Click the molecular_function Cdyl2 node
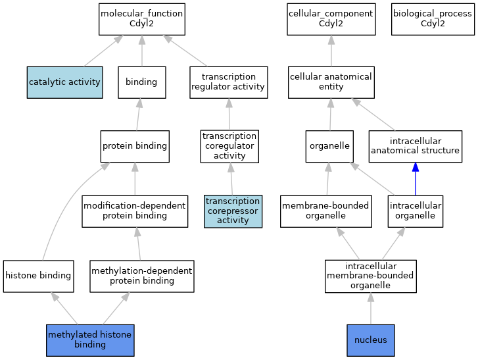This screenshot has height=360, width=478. (141, 19)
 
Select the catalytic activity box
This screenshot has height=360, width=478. (64, 82)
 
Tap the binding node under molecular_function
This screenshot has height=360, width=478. (141, 82)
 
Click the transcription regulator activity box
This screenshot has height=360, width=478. (228, 82)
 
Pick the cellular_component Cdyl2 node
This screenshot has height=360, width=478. (331, 19)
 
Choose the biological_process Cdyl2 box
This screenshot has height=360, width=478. (432, 19)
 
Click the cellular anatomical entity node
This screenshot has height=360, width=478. (331, 82)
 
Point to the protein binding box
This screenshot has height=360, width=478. (135, 146)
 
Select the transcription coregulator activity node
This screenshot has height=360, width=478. (229, 146)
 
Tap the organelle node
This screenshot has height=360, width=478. (329, 146)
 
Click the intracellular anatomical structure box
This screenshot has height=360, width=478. (415, 146)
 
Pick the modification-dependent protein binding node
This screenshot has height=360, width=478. (135, 211)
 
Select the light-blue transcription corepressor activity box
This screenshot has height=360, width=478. (233, 211)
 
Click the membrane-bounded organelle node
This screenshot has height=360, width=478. (325, 211)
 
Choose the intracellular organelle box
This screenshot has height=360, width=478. (415, 211)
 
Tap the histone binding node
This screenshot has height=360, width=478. (38, 276)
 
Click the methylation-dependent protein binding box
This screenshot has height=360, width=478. (141, 276)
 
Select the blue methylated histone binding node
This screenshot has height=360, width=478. (90, 340)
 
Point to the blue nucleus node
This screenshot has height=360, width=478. (370, 340)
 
